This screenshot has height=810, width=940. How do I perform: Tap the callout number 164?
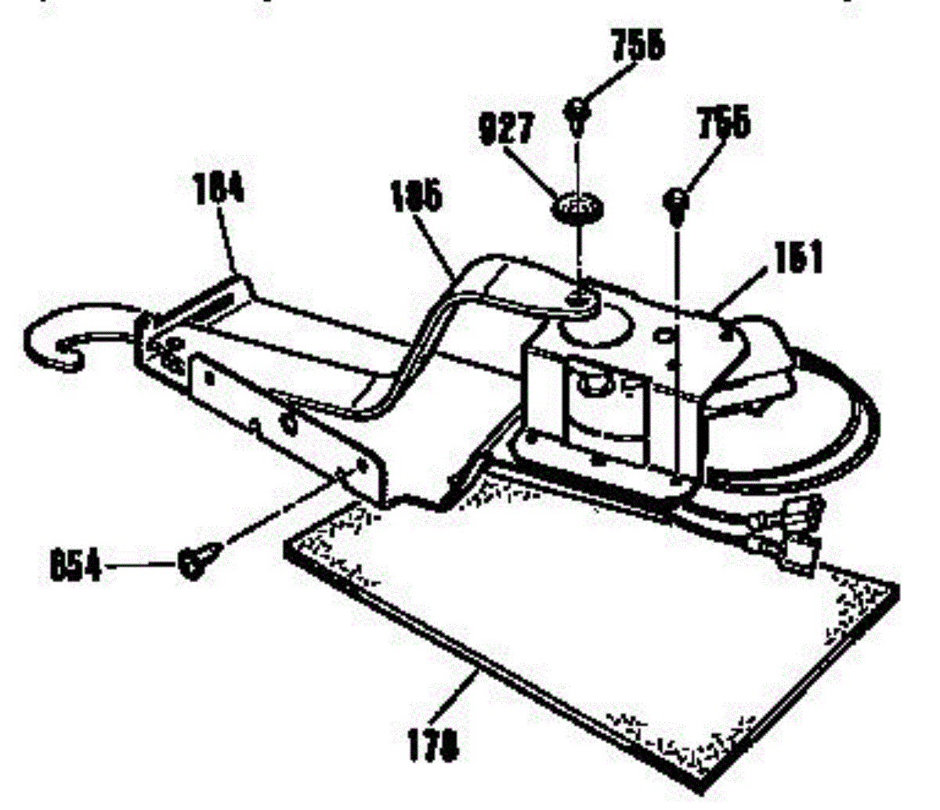click(219, 189)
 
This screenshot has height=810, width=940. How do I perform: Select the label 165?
click(415, 196)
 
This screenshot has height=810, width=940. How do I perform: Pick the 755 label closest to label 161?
click(723, 124)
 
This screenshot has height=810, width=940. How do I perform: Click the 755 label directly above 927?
click(637, 46)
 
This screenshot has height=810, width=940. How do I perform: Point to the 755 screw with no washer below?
click(675, 202)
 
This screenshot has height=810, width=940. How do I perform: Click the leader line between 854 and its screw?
click(141, 565)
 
